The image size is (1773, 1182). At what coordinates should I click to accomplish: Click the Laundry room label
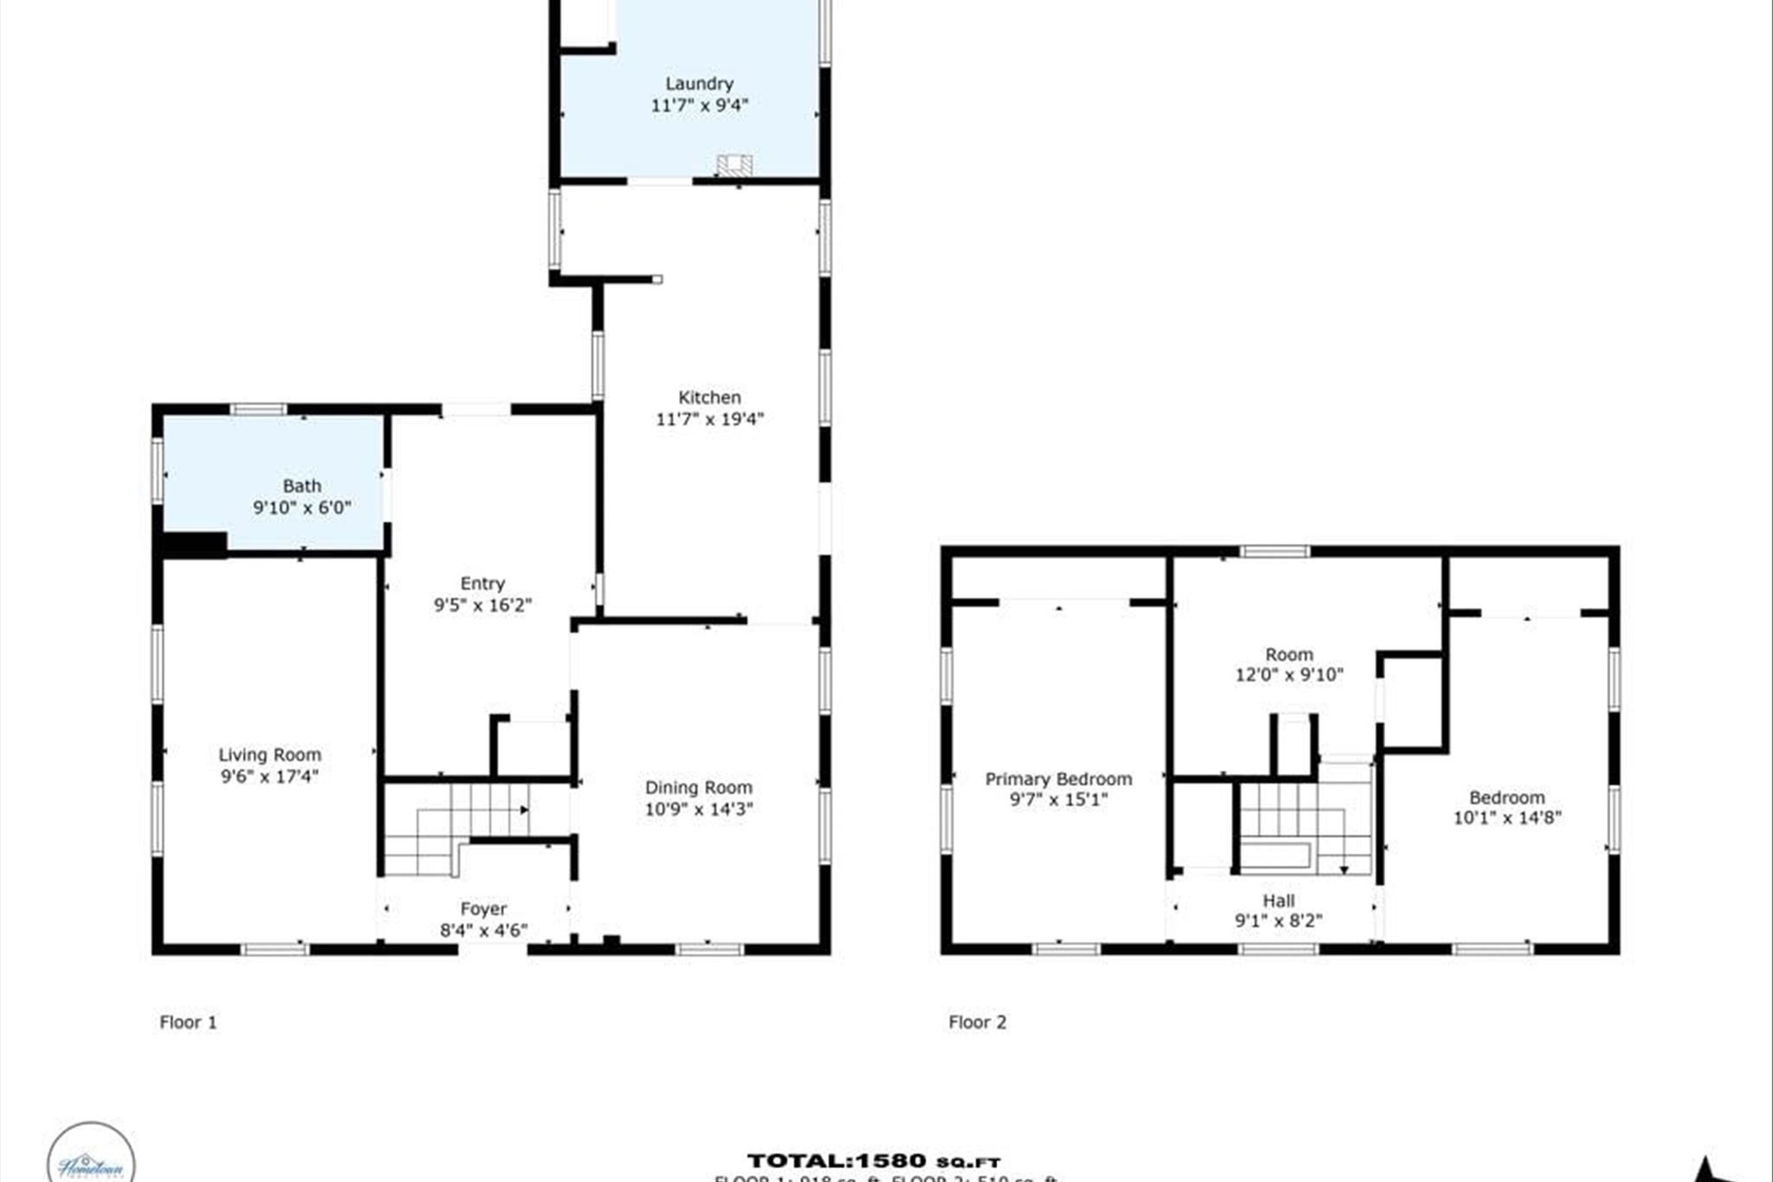699,84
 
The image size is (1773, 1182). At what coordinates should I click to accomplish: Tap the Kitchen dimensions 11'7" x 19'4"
710,420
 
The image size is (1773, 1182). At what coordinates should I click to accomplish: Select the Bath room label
301,486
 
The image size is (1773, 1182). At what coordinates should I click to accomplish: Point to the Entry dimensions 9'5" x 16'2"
482,605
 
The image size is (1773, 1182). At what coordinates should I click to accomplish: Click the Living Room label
269,755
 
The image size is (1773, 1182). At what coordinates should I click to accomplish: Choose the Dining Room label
698,788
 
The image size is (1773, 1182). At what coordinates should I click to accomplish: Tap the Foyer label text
483,909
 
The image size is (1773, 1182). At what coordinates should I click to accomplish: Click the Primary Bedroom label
1058,779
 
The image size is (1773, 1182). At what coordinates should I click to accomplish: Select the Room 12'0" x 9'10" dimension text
1289,675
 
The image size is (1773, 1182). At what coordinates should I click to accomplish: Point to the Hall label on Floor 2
1278,901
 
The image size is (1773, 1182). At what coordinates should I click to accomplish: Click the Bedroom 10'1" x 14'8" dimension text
1506,818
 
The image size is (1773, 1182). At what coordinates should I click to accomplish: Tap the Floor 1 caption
188,1023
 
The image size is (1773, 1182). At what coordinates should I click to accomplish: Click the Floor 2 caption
977,1023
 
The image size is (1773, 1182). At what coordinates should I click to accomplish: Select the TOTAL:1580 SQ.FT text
874,1161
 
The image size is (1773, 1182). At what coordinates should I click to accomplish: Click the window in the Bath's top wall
258,410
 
